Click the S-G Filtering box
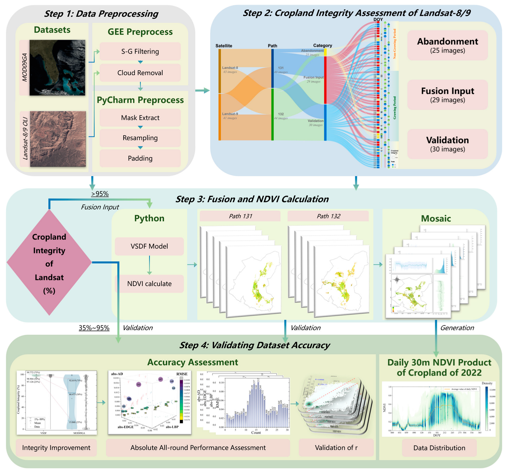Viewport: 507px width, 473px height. coord(140,51)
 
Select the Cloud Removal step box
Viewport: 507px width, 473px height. coord(140,73)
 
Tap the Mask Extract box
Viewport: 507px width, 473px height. coord(140,118)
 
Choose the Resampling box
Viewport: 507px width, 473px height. coord(140,138)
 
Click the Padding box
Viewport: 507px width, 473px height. coord(140,158)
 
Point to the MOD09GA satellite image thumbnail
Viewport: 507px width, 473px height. coord(57,68)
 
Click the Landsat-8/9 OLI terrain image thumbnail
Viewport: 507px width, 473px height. coord(58,139)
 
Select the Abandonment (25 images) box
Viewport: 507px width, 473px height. coord(447,45)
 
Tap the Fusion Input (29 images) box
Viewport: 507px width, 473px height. coord(447,95)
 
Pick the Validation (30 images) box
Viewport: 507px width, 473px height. coord(447,144)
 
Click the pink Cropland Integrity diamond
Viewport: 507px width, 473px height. coord(49,263)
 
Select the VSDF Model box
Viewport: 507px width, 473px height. coord(149,246)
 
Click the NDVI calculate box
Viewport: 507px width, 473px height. coord(149,284)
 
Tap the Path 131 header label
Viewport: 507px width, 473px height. coord(240,216)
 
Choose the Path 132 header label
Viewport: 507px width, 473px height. coord(328,216)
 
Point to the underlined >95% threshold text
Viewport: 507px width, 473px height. coord(100,194)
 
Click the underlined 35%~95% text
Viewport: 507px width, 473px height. coord(94,328)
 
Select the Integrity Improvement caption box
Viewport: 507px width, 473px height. coord(56,447)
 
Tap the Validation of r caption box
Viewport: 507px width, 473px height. coord(336,447)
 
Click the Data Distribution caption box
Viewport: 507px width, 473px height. coord(439,448)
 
